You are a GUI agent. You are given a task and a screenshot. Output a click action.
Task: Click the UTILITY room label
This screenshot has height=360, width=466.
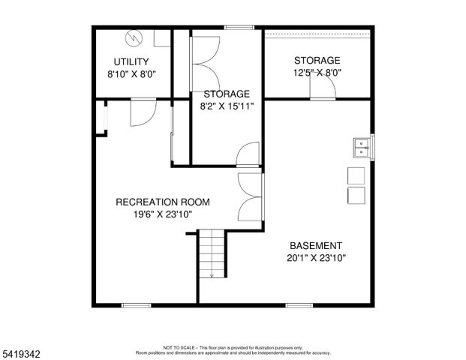(131, 61)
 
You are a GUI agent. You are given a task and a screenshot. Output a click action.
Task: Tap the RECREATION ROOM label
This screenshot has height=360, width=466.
(162, 202)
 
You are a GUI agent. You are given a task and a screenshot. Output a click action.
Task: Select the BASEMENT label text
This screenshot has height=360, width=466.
(316, 245)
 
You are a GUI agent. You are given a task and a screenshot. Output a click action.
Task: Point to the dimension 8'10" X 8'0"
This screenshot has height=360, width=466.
(131, 74)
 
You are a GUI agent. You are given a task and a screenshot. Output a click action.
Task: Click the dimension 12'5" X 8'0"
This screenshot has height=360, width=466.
(317, 73)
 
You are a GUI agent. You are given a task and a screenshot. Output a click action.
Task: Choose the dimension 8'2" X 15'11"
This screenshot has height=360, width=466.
(227, 106)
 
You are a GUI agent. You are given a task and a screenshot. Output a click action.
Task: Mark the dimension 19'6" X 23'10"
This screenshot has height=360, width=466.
(162, 214)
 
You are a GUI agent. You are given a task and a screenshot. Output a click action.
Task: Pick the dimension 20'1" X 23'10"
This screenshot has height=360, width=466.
(316, 258)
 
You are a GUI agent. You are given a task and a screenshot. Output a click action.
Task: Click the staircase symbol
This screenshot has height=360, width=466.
(212, 253)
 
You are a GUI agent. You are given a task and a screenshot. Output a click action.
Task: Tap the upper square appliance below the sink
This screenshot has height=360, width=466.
(356, 175)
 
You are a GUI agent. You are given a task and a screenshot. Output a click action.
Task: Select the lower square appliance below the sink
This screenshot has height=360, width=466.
(356, 195)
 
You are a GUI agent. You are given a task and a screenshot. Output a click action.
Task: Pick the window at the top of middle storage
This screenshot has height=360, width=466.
(239, 28)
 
